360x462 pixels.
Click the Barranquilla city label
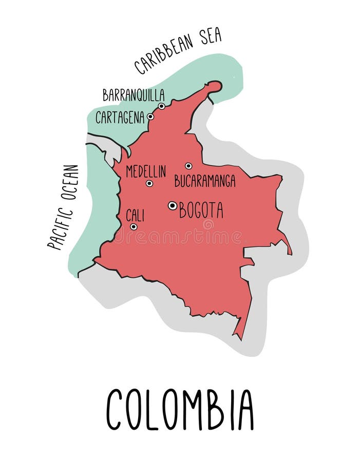click(x=134, y=95)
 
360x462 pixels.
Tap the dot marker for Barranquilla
click(x=161, y=106)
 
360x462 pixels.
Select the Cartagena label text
click(x=120, y=118)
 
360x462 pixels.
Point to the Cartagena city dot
click(x=150, y=117)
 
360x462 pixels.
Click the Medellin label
click(x=146, y=171)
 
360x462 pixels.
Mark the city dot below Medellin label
click(x=149, y=183)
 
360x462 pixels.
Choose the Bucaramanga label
click(x=205, y=181)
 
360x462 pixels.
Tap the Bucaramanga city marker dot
click(x=188, y=166)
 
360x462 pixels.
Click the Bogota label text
click(x=201, y=210)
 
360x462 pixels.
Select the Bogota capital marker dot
click(x=173, y=205)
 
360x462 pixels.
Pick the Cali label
click(x=135, y=215)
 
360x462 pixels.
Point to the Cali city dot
click(x=134, y=226)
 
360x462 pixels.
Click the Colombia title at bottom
click(x=180, y=409)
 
